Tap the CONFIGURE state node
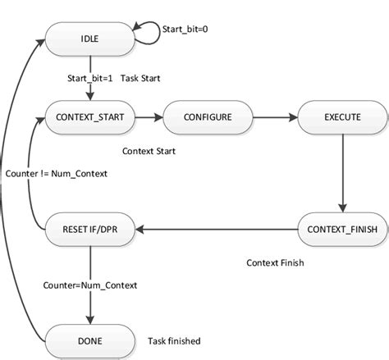point(197,118)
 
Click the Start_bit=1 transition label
point(89,79)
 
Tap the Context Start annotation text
point(149,152)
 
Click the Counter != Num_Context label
point(54,175)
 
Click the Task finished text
point(174,340)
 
